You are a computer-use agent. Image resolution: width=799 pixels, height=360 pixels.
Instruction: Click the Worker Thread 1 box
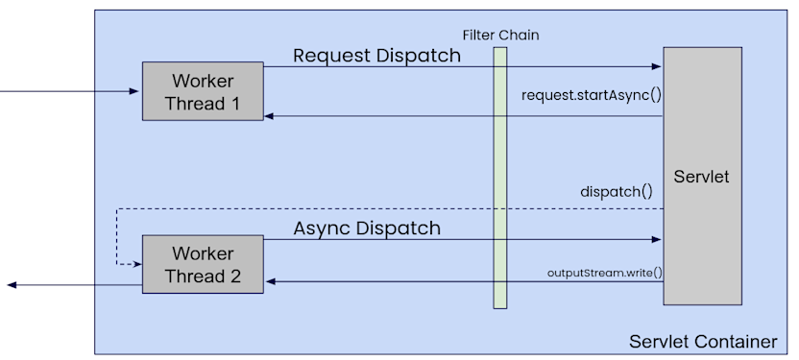203,90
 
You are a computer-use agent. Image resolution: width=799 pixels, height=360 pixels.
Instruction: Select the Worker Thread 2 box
203,264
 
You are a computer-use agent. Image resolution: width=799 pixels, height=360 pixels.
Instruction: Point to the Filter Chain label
500,36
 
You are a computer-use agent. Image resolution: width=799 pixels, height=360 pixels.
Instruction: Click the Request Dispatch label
376,56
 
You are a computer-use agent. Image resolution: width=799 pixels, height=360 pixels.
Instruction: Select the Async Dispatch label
367,228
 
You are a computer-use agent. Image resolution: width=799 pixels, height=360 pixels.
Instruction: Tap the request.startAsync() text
592,95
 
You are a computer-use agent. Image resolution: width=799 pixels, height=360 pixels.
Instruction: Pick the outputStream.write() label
605,272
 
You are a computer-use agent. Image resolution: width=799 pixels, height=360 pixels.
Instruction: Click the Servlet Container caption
702,342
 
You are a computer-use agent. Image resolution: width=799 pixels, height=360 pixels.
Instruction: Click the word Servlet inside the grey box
702,177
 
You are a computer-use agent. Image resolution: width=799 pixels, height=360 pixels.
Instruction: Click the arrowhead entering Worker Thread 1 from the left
136,91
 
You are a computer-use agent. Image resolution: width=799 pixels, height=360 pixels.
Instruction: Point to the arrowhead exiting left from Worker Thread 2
11,285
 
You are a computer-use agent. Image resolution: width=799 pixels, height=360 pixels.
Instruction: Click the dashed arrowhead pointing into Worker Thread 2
136,264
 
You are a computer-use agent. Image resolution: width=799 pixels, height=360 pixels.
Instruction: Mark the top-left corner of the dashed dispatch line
116,208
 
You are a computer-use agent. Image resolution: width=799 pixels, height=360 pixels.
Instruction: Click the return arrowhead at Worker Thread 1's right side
270,116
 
